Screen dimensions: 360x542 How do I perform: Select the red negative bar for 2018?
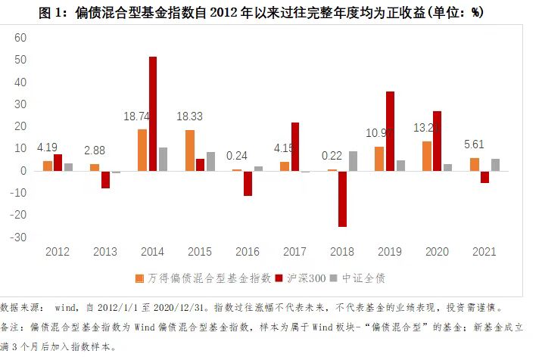[342, 198]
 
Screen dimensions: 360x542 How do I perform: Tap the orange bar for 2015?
[190, 150]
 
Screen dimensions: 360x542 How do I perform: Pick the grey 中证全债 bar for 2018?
[353, 161]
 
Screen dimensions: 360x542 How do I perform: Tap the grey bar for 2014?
[163, 159]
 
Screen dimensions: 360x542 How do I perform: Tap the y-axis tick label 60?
[20, 38]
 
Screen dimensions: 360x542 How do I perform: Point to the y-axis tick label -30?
[18, 237]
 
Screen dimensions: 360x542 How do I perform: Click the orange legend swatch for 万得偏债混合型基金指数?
[140, 278]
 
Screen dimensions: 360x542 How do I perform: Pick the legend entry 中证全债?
[365, 278]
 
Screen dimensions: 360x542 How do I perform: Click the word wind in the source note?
[66, 309]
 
